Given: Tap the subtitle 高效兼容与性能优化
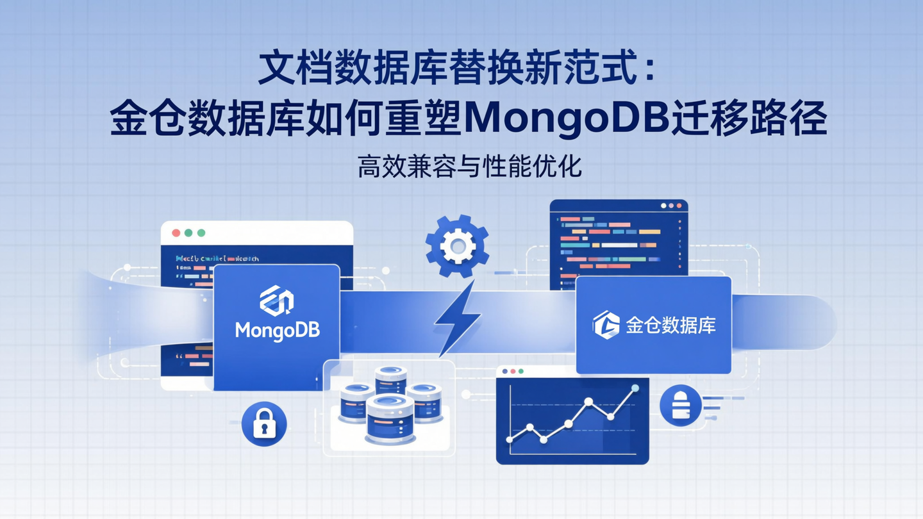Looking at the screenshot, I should (470, 167).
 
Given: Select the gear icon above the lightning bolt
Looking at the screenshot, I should (457, 246).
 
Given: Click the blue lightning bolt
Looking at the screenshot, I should (457, 317).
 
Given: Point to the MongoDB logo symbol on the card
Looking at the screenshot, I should (276, 301).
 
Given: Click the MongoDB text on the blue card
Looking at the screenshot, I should (277, 330).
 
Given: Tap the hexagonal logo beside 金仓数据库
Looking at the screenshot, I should (606, 325).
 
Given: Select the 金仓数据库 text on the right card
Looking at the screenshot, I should (670, 325).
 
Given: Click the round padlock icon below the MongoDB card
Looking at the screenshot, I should (264, 424).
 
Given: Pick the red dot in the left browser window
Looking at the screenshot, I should (174, 233).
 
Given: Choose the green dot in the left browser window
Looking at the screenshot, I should (201, 233).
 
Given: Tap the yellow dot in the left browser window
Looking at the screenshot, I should (188, 233).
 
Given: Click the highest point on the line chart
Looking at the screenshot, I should (635, 388).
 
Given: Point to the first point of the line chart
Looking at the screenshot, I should (510, 440).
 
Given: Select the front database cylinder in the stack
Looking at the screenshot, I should (390, 420).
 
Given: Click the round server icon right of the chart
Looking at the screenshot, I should (680, 406).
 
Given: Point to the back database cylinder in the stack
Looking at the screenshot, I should (390, 379).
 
